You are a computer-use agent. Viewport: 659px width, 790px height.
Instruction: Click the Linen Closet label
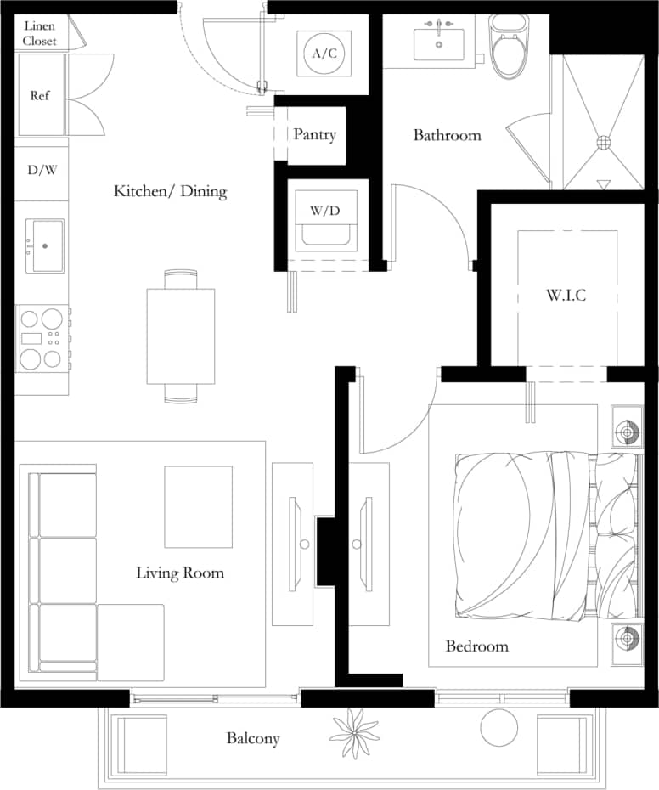click(39, 33)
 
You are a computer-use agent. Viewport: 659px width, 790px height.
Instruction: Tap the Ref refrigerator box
click(40, 95)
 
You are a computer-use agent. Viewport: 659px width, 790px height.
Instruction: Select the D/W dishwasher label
click(42, 170)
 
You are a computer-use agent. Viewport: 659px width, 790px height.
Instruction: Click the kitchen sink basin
click(45, 246)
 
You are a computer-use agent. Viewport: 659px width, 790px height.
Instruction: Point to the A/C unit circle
click(324, 54)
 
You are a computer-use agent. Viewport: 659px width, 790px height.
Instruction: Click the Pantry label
click(314, 134)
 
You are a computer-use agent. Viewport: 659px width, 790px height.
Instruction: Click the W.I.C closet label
click(566, 296)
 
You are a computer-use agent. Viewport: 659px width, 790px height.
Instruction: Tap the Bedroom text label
click(476, 646)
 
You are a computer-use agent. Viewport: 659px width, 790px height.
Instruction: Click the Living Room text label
click(180, 573)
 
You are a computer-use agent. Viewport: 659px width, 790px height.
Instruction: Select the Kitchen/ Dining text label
click(170, 191)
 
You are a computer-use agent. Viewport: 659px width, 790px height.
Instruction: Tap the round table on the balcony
click(499, 727)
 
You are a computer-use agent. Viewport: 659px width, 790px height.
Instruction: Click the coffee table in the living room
click(198, 507)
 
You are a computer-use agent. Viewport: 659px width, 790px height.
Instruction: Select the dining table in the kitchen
click(181, 336)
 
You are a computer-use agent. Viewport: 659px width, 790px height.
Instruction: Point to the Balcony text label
click(252, 738)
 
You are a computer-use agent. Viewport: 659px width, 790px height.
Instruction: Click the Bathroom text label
click(447, 135)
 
